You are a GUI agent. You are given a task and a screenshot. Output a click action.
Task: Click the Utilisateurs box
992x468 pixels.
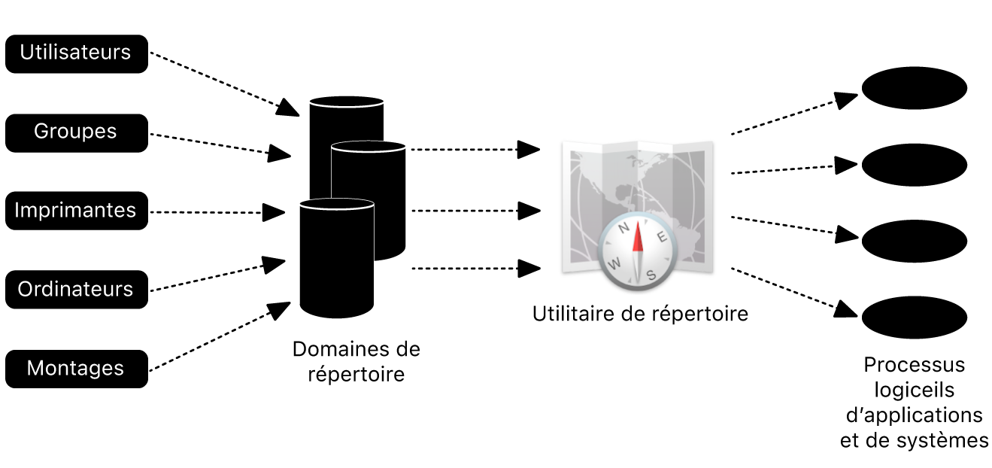76,53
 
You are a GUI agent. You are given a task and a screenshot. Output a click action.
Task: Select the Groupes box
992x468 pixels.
76,132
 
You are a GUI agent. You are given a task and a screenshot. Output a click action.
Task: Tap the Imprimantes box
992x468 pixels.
76,210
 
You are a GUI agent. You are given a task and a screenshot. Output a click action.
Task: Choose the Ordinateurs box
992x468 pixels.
76,289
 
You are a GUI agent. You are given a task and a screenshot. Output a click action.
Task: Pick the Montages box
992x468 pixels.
76,368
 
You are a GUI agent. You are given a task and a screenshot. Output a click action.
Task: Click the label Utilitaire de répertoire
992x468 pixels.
640,313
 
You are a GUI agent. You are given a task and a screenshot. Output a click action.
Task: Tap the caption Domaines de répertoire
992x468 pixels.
356,361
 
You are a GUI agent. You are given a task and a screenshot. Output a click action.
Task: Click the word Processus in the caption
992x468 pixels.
914,365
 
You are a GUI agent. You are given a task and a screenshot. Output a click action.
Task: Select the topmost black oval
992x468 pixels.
914,88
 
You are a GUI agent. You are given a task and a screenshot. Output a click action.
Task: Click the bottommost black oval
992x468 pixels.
914,318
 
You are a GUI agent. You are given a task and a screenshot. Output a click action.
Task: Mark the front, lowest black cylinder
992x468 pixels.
336,260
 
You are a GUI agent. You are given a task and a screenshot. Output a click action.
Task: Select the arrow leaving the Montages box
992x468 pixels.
218,337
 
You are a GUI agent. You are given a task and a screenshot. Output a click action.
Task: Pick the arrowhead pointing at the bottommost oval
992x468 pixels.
847,308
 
